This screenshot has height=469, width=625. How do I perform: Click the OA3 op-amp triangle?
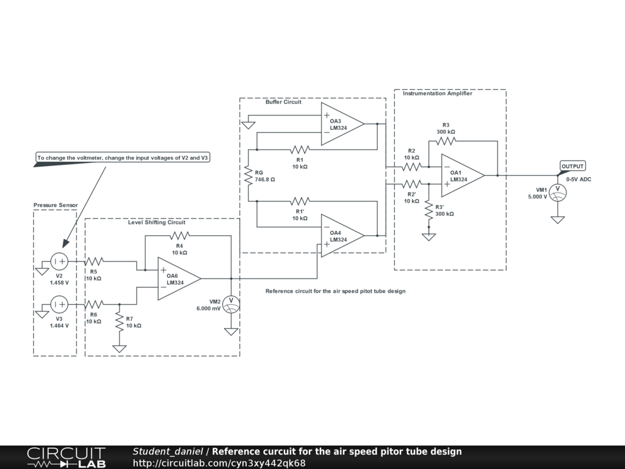click(x=342, y=124)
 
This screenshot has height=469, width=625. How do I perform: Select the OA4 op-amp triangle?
click(x=342, y=236)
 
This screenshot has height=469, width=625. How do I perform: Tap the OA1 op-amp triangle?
click(x=463, y=175)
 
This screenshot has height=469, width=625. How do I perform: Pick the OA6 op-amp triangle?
click(x=179, y=278)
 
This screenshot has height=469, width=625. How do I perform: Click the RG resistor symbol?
click(x=248, y=175)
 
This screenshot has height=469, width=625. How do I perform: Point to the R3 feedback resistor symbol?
click(x=446, y=141)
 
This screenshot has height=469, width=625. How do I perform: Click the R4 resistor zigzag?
click(x=180, y=236)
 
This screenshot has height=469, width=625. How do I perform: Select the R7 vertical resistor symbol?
click(x=119, y=322)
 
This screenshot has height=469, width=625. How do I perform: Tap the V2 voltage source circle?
click(x=59, y=261)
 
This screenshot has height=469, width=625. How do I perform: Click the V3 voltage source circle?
click(x=59, y=305)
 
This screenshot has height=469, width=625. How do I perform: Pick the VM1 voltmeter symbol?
click(x=558, y=192)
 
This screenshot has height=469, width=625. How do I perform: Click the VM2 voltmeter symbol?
click(x=231, y=305)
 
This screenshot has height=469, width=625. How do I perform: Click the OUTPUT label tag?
click(x=573, y=166)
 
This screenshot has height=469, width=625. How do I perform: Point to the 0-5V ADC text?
click(x=579, y=180)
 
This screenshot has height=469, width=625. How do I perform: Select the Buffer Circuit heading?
click(x=283, y=102)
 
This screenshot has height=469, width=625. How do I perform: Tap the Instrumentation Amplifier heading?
click(x=437, y=93)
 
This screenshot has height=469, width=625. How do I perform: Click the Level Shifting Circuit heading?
click(x=157, y=222)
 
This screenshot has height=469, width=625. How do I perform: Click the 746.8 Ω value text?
click(x=265, y=180)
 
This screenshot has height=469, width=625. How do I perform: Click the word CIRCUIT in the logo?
click(x=66, y=454)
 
